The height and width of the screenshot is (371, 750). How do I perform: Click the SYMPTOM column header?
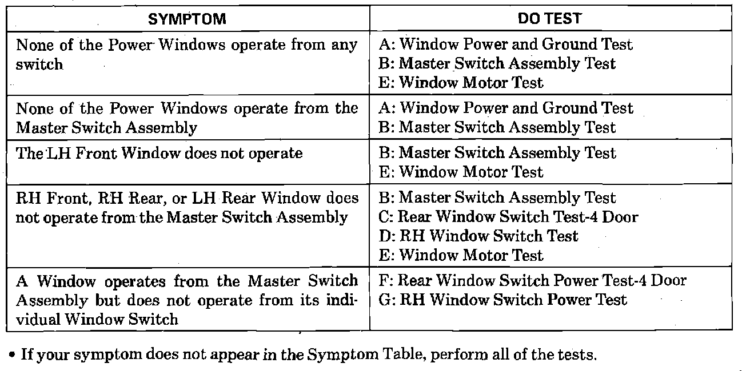[x=187, y=19]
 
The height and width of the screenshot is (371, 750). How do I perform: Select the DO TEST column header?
[x=550, y=19]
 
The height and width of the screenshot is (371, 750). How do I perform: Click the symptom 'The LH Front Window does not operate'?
[x=159, y=153]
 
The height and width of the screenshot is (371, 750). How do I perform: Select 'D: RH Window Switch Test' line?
[x=478, y=236]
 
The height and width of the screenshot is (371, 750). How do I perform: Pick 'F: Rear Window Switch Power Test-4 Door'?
[x=532, y=280]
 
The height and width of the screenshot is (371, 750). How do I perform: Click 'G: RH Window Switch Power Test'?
[x=503, y=300]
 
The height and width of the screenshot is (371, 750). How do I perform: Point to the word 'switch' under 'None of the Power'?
[x=39, y=64]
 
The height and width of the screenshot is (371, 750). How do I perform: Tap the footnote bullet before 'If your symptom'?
[x=12, y=355]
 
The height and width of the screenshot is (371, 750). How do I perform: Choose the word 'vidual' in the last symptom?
[x=38, y=319]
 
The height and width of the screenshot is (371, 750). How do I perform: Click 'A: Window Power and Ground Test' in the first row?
[x=506, y=45]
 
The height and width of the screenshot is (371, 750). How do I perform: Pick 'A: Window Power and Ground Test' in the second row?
[x=506, y=108]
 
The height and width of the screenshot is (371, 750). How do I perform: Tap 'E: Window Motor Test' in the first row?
[x=461, y=83]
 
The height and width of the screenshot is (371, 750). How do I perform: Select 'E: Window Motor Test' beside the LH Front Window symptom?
[x=461, y=172]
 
